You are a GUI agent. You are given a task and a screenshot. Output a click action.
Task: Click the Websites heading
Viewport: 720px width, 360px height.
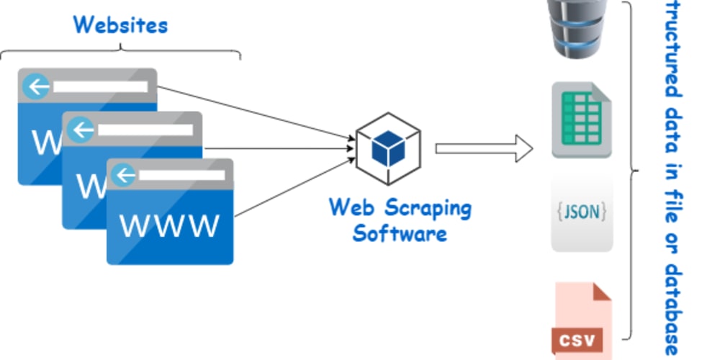click(120, 24)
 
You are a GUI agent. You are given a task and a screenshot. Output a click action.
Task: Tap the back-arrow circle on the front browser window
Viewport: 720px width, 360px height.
click(125, 175)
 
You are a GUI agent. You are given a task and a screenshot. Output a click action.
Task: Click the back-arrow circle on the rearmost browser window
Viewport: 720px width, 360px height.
click(36, 86)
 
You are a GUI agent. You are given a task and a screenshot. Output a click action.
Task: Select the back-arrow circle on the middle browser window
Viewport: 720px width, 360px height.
click(81, 130)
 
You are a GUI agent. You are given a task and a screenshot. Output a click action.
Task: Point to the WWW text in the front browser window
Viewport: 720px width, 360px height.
click(169, 225)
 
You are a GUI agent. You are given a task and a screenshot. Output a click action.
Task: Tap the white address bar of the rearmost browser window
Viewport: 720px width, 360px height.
click(100, 86)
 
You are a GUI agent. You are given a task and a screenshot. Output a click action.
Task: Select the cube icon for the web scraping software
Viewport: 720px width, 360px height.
click(389, 148)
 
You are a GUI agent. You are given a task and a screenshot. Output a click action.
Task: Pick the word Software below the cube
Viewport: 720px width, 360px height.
click(400, 234)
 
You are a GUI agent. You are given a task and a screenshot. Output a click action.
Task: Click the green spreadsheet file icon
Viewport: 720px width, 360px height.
click(581, 120)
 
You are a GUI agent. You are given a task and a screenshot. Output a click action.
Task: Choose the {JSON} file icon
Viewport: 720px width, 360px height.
click(582, 213)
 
